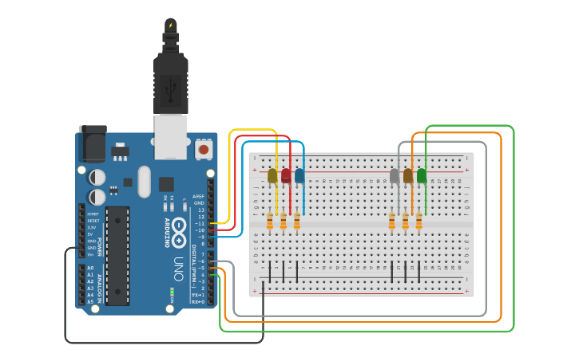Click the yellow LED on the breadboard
point(272,175)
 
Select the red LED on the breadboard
point(286,175)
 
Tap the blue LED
point(299,175)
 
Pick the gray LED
point(395,175)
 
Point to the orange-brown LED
point(408,175)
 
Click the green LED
point(422,175)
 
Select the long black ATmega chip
point(117,255)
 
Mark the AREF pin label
point(198,196)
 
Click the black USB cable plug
point(170,80)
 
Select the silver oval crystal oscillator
point(144,181)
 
